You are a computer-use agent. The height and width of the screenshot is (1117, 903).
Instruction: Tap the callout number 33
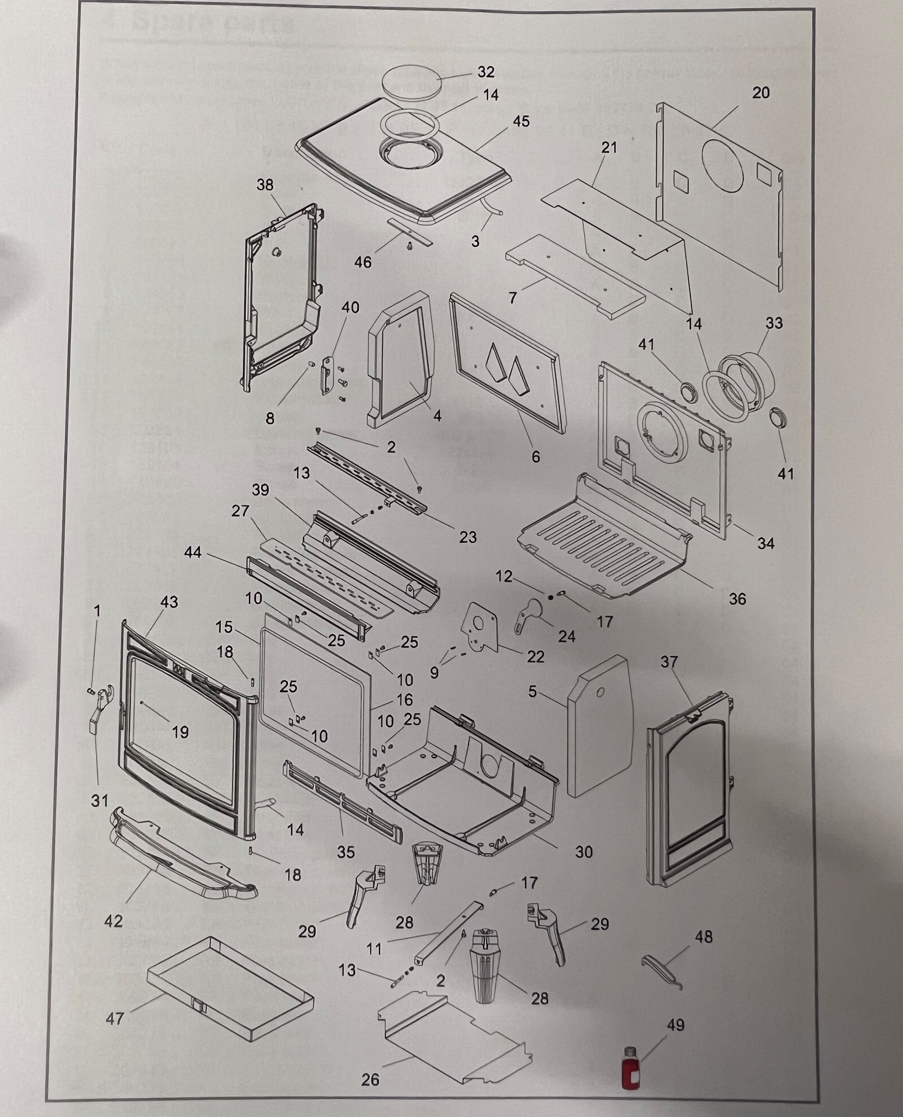click(x=773, y=323)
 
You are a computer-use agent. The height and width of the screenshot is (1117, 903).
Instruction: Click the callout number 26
click(x=370, y=1080)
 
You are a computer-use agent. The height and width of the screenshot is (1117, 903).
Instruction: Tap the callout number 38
click(x=265, y=185)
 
